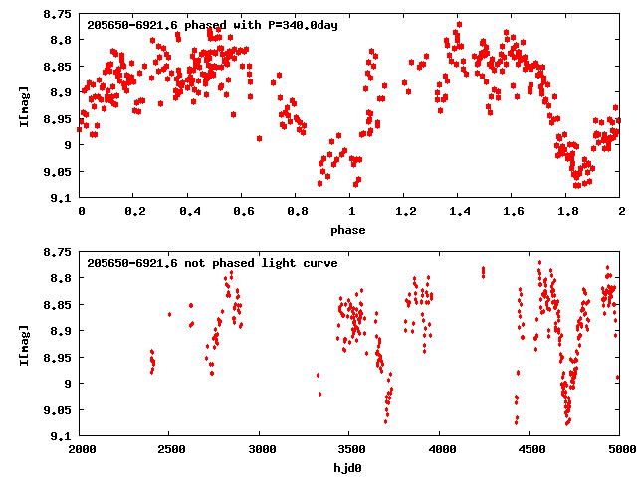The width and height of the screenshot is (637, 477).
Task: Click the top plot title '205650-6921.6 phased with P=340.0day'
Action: [212, 24]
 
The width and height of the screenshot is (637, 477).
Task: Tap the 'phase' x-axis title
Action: [348, 230]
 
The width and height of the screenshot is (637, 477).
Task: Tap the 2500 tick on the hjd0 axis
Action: [169, 448]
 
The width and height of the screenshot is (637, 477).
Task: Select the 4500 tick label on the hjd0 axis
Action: [530, 448]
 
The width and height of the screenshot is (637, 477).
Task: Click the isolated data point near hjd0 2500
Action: [169, 314]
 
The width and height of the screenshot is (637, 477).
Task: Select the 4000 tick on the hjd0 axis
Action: [439, 448]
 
